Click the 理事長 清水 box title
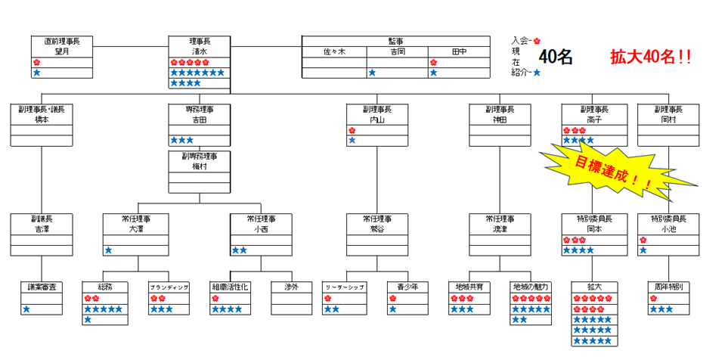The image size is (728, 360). click(200, 45)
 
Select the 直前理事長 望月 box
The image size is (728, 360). click(62, 45)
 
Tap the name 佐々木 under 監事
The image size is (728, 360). click(333, 52)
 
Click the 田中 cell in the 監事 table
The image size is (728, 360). click(459, 52)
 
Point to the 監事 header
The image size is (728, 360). click(396, 41)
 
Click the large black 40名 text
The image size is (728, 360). click(556, 57)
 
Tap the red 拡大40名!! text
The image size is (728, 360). click(651, 57)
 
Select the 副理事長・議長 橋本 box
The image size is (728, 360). click(42, 114)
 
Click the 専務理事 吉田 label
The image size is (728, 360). click(200, 114)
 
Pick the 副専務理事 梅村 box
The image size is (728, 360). click(200, 161)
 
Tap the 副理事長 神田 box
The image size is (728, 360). click(500, 114)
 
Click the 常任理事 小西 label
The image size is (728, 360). click(261, 223)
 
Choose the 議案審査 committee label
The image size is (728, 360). click(42, 287)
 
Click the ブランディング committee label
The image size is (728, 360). click(168, 287)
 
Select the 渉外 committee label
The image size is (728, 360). click(291, 287)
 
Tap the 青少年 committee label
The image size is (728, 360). click(398, 287)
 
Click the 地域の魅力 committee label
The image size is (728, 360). click(530, 287)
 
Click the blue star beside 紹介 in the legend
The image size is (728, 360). click(536, 73)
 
